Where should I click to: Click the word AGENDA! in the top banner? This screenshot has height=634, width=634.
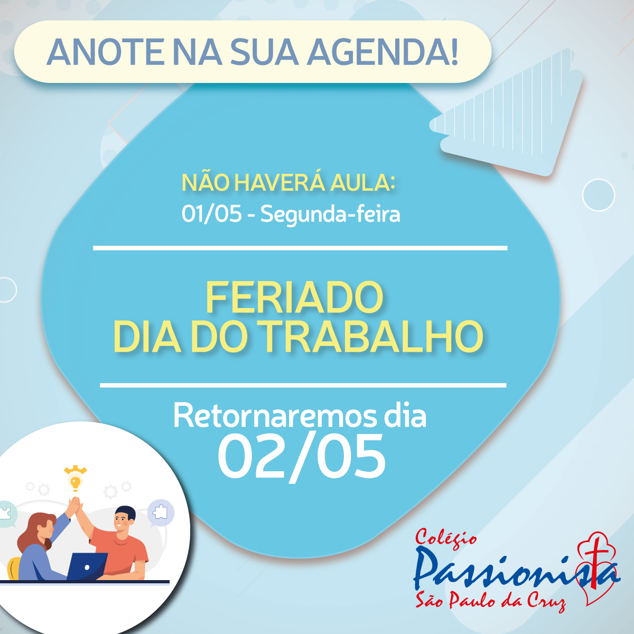383,52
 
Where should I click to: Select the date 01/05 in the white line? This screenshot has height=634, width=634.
211,214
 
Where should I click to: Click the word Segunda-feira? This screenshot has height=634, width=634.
330,215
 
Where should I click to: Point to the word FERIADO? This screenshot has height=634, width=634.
294,298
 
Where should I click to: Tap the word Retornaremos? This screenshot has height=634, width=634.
275,416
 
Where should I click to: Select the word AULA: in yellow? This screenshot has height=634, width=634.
362,183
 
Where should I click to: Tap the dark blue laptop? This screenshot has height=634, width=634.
87,566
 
